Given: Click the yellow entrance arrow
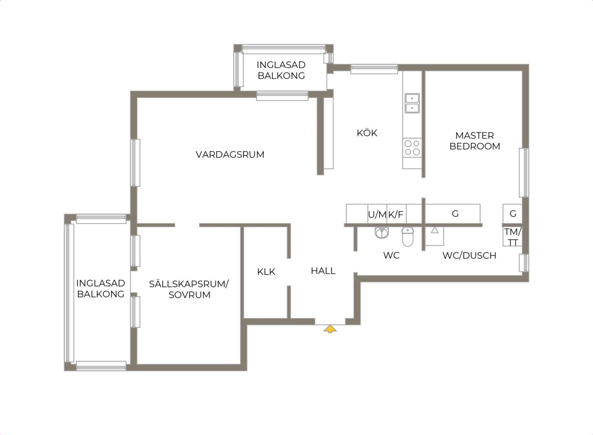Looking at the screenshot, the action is point(330,329).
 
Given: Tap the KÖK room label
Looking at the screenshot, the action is point(367,133).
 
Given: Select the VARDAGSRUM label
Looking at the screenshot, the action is point(230,155).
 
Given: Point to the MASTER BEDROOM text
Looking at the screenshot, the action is point(475,141).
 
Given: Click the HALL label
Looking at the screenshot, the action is point(323,271).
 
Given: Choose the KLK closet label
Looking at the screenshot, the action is point(266,272).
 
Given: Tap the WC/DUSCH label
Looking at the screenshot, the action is point(469,256).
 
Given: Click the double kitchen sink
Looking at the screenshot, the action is point(412,103).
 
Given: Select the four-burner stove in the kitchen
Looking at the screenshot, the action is point(412,147).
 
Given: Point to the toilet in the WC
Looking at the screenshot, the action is point(408,236).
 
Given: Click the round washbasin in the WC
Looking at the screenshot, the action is point(382,233).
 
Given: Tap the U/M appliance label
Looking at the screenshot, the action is point(377,215).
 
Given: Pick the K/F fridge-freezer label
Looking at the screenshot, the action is point(396,215).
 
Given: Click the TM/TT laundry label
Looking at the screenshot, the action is point(513,237).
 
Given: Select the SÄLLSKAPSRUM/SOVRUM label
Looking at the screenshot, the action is point(189,289).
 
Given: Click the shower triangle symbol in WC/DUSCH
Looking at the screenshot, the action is point(434,230).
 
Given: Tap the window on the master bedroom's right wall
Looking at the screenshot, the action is point(524,173).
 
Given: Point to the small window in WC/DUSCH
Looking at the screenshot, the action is point(524,263).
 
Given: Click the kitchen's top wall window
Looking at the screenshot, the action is point(374,69).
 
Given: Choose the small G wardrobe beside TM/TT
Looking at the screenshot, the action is point(513,213).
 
